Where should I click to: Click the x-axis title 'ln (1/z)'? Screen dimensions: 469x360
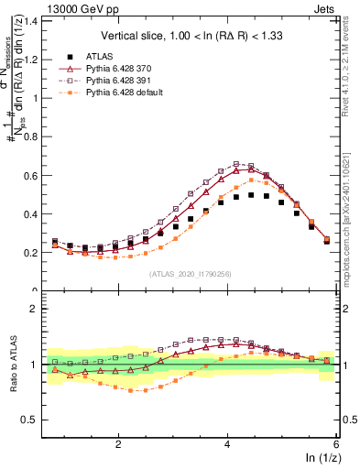(x=320, y=458)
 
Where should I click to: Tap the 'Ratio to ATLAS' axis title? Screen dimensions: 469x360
(x=13, y=365)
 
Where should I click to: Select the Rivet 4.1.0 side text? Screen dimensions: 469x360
(x=352, y=60)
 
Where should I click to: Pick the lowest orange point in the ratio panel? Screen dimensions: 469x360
(x=132, y=390)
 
